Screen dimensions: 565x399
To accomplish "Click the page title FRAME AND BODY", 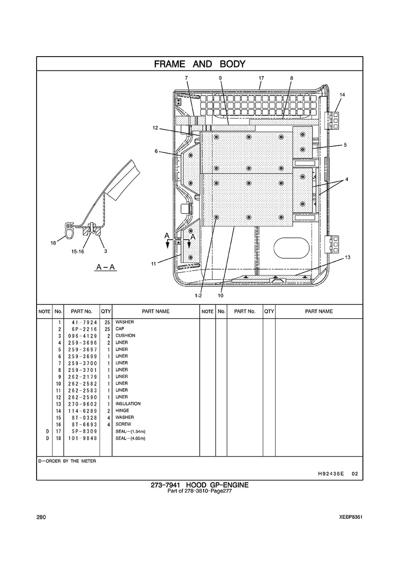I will point(199,64).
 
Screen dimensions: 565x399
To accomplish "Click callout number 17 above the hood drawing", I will point(261,78).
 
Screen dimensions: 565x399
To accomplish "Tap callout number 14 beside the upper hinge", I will point(342,95).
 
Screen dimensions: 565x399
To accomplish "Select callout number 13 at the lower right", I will point(348,257).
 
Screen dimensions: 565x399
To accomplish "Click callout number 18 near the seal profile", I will point(53,243).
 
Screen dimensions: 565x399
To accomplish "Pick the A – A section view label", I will point(105,267).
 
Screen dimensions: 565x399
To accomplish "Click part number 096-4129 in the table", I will point(81,336).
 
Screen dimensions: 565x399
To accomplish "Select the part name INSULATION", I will point(128,404).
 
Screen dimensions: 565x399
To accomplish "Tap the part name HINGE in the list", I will point(122,410).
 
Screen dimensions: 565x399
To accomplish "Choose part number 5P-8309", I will point(81,431).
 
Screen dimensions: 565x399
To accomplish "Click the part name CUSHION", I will point(125,336).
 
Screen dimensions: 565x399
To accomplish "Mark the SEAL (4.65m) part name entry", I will point(131,438).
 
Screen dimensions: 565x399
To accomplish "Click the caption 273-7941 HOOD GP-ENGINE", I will point(199,485).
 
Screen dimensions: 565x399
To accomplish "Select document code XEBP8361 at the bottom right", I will point(351,517).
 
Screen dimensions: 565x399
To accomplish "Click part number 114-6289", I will point(81,410).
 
